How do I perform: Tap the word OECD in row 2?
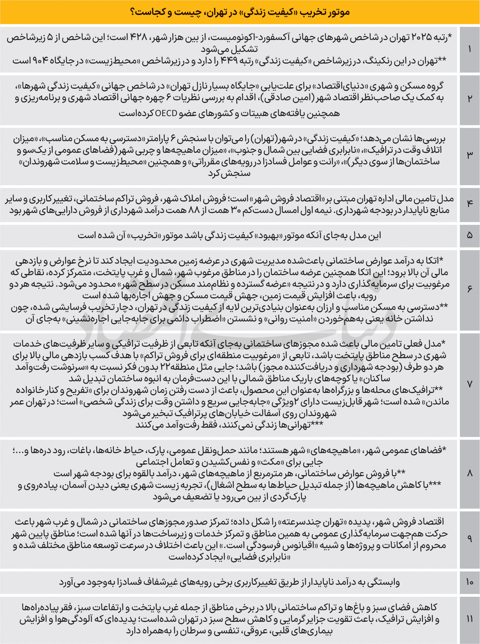[166, 113]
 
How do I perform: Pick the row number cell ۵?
[469, 236]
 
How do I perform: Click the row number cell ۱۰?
[469, 582]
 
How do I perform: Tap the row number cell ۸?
[469, 473]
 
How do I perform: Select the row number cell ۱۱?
[469, 619]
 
